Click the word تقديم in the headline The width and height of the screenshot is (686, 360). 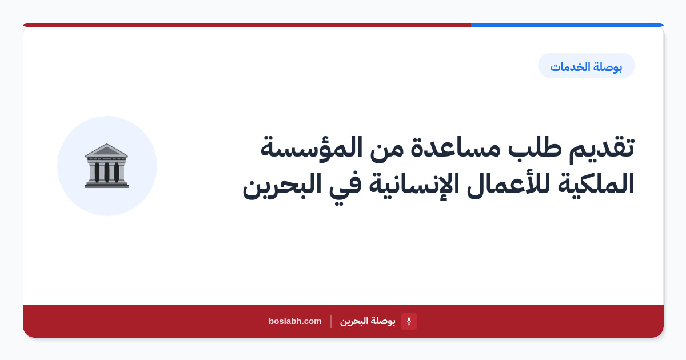click(601, 149)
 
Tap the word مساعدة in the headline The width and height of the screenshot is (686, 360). click(455, 147)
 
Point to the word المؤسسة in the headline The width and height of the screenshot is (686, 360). click(312, 148)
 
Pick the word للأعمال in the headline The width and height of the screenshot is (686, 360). click(508, 183)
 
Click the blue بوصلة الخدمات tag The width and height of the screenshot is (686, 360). click(586, 66)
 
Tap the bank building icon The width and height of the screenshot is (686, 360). click(106, 166)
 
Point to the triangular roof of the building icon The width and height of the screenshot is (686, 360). click(106, 150)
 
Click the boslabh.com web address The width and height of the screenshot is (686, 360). click(295, 321)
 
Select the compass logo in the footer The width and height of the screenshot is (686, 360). click(409, 321)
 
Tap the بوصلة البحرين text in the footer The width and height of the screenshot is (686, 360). click(368, 321)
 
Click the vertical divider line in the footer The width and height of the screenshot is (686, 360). click(331, 321)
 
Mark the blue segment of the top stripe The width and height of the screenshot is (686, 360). click(567, 25)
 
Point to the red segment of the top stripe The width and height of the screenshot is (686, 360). click(247, 25)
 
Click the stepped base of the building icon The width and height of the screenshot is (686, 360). click(106, 185)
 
